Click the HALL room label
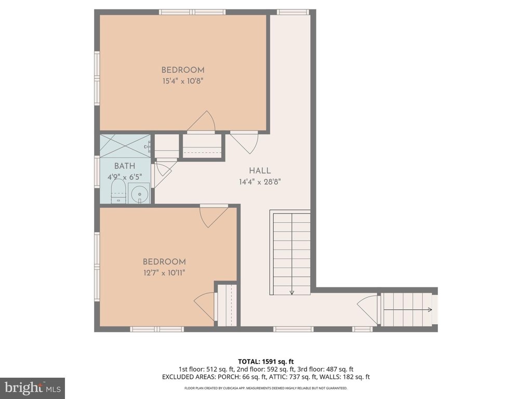[x=260, y=170]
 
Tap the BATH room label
[x=125, y=166]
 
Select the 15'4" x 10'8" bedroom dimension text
[x=183, y=81]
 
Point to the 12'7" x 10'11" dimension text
[x=164, y=273]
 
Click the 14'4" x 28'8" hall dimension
[x=260, y=182]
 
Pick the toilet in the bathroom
[x=118, y=191]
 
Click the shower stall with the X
[x=125, y=146]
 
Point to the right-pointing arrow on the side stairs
[x=408, y=310]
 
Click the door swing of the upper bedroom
[x=202, y=121]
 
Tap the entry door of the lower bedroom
[x=214, y=216]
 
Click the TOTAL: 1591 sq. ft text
[x=265, y=362]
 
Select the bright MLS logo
[x=33, y=388]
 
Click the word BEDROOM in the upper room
[x=183, y=70]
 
